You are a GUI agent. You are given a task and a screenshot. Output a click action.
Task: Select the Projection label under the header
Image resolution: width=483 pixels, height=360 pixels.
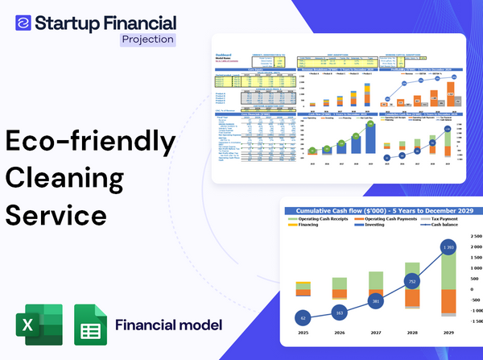(x=147, y=39)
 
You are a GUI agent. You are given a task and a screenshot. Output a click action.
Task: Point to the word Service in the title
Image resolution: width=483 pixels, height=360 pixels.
(x=56, y=215)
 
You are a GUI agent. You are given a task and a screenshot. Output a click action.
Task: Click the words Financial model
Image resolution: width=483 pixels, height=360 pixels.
(x=168, y=325)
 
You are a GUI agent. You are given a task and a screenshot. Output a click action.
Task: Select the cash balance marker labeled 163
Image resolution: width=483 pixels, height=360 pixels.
(x=339, y=312)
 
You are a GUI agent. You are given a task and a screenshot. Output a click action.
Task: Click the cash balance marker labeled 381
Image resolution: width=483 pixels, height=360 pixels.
(x=376, y=301)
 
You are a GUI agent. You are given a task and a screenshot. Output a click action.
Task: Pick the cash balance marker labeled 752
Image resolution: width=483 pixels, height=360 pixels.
(x=412, y=282)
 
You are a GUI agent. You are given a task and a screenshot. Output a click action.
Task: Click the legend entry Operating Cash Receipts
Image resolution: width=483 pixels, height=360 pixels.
(x=327, y=219)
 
